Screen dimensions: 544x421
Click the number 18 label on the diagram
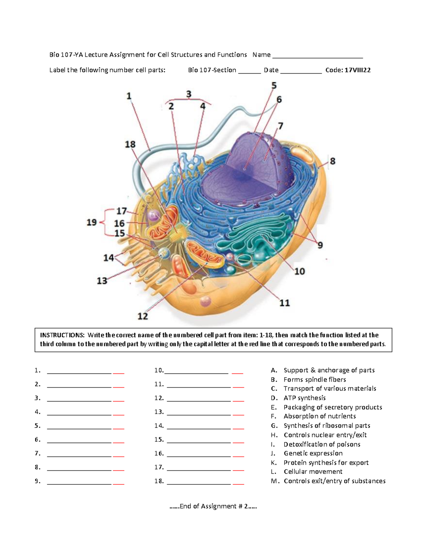click(x=130, y=144)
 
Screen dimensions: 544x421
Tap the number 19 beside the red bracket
click(x=92, y=222)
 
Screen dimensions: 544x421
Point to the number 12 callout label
click(x=142, y=316)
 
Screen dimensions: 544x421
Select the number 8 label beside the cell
click(x=333, y=161)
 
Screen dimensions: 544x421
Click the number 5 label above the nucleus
click(x=274, y=86)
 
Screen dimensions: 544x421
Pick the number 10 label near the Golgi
click(x=299, y=271)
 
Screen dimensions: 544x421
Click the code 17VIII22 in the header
click(x=357, y=70)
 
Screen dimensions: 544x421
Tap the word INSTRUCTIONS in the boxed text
click(x=62, y=335)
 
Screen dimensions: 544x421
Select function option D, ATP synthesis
click(x=304, y=398)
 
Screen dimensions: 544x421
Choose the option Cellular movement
click(x=313, y=472)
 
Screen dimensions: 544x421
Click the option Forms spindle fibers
click(x=315, y=380)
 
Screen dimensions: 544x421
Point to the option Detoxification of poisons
click(x=322, y=444)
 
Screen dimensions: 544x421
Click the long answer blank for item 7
click(x=79, y=456)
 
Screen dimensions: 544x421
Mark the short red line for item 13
click(x=238, y=415)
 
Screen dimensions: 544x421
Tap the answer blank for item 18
click(x=199, y=484)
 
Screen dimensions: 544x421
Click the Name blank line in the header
click(x=318, y=58)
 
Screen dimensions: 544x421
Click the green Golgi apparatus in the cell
click(x=253, y=242)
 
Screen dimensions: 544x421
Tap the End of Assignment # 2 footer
click(x=213, y=507)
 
